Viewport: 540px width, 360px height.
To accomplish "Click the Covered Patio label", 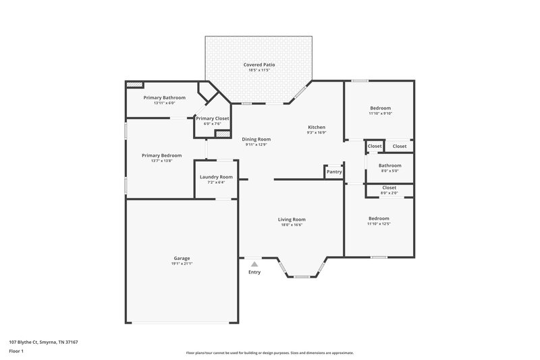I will pos(259,65).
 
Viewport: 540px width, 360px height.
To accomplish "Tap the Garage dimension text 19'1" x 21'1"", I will pos(182,263).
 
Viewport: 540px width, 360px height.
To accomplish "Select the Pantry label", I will pos(334,172).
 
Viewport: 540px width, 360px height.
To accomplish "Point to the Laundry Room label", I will pos(216,177).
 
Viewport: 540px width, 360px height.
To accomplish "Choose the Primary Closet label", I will pos(213,118).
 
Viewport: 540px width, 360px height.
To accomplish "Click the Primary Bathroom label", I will pos(164,97).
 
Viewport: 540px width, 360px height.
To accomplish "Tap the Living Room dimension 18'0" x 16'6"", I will pos(292,224).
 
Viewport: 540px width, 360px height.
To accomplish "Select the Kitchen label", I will pos(317,127).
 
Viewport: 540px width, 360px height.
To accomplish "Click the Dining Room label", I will pos(256,139).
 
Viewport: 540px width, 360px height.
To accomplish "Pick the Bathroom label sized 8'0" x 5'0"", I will pos(389,165).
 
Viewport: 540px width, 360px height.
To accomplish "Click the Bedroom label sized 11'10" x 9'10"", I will pos(380,108).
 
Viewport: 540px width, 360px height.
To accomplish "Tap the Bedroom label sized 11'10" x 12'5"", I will pos(379,218).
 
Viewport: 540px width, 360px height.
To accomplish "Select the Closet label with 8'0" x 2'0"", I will pos(389,188).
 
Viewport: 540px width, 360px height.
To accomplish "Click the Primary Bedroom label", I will pos(161,155).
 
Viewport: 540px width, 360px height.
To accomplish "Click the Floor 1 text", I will pos(17,352).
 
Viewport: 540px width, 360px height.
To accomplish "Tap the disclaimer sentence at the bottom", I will pos(269,353).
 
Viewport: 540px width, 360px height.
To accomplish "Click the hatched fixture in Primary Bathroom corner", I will pos(135,84).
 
